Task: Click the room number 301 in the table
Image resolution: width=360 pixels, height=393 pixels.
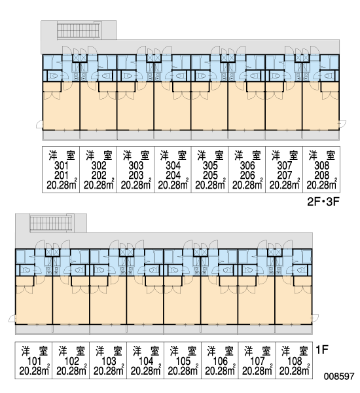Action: pyautogui.click(x=61, y=166)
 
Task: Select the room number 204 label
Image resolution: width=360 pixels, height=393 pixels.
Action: pyautogui.click(x=173, y=176)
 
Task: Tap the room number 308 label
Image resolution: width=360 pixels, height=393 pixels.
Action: pyautogui.click(x=321, y=166)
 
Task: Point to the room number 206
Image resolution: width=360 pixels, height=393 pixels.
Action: pyautogui.click(x=247, y=176)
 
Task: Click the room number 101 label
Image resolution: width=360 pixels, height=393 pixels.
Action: pyautogui.click(x=34, y=361)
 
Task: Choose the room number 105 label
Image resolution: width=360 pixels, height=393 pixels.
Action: pyautogui.click(x=183, y=361)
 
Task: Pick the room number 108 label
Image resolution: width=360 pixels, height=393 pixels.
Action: pyautogui.click(x=295, y=361)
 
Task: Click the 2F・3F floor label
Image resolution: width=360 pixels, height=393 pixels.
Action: pyautogui.click(x=323, y=202)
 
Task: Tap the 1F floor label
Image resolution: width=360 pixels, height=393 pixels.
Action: pyautogui.click(x=321, y=350)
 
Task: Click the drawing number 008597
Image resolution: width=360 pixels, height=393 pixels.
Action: pyautogui.click(x=339, y=376)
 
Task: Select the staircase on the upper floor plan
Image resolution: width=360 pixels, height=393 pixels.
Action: pyautogui.click(x=79, y=30)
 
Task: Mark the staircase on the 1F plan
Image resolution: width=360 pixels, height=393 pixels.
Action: pyautogui.click(x=51, y=223)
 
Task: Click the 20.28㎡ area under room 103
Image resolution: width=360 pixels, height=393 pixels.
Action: pyautogui.click(x=109, y=371)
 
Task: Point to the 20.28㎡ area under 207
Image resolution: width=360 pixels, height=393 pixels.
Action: pyautogui.click(x=284, y=185)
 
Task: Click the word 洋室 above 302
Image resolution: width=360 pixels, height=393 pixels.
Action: pyautogui.click(x=98, y=155)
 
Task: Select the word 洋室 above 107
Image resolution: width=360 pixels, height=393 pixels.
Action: pyautogui.click(x=257, y=351)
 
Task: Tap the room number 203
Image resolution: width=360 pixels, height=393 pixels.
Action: pyautogui.click(x=135, y=176)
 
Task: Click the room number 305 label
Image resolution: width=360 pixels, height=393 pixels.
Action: pyautogui.click(x=210, y=166)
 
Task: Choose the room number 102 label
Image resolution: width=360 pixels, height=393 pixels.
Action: pyautogui.click(x=71, y=361)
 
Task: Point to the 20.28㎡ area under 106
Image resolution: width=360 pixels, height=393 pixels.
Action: pyautogui.click(x=220, y=371)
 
